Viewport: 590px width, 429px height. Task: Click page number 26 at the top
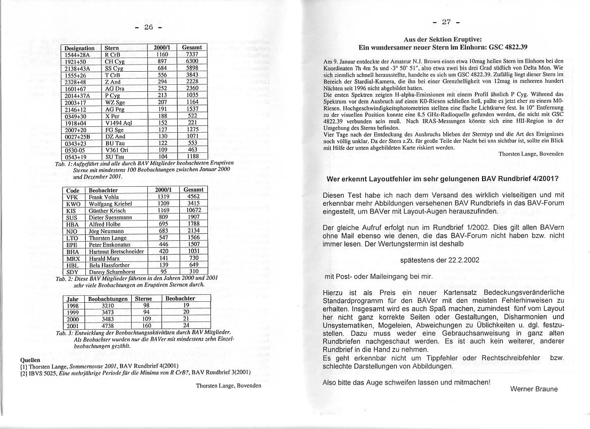149,27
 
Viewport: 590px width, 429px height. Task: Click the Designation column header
80,48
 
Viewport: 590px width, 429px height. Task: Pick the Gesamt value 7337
192,55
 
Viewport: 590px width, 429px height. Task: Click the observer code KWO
73,203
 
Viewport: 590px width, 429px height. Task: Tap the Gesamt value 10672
193,210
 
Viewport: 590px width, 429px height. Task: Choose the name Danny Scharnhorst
112,272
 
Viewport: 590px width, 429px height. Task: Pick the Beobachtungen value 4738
108,326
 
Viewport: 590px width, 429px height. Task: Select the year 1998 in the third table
72,305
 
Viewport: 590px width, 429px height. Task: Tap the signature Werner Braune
534,389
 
